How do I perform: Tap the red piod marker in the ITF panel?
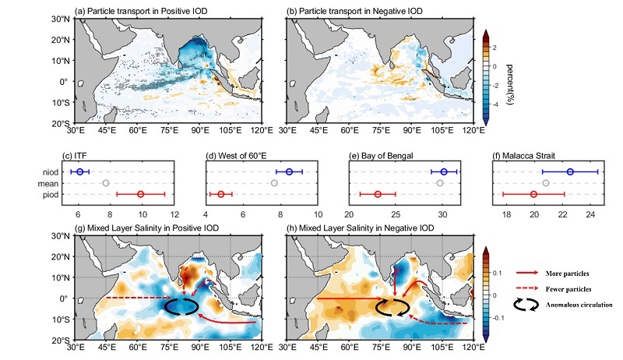141,193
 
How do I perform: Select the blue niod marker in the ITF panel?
80,171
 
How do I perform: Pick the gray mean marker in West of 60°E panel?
273,182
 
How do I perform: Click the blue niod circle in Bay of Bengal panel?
444,171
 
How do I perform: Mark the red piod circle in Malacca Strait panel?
533,193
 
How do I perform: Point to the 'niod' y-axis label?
52,171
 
